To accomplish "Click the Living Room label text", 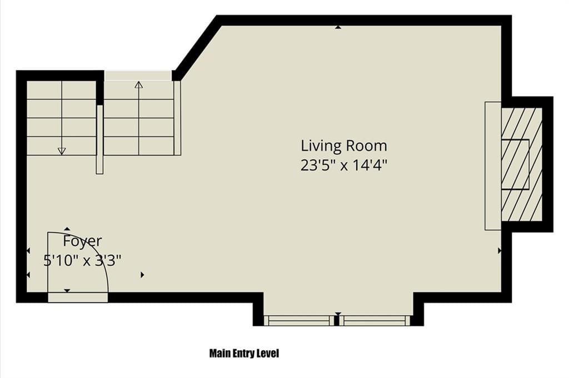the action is tap(344, 146).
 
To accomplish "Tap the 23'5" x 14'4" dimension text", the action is tap(344, 165).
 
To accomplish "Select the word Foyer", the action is tap(82, 241).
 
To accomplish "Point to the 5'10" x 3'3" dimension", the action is tap(82, 260).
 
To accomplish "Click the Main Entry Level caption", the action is tap(244, 353).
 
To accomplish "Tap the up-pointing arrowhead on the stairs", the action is tap(138, 85).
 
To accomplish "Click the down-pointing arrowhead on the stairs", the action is tap(62, 151).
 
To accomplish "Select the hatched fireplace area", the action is tap(522, 164).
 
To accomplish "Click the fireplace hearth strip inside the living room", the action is tap(493, 166).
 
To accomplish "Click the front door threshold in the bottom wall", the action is tap(78, 298).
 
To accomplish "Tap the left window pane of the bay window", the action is tap(298, 320).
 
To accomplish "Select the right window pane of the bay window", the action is tap(376, 320).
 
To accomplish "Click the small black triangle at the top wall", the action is tap(338, 27).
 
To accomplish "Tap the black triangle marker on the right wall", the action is tap(500, 250).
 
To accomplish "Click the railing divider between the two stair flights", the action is tap(100, 139).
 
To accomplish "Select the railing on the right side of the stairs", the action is tap(177, 118).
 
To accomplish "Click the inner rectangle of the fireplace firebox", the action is tap(515, 164).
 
